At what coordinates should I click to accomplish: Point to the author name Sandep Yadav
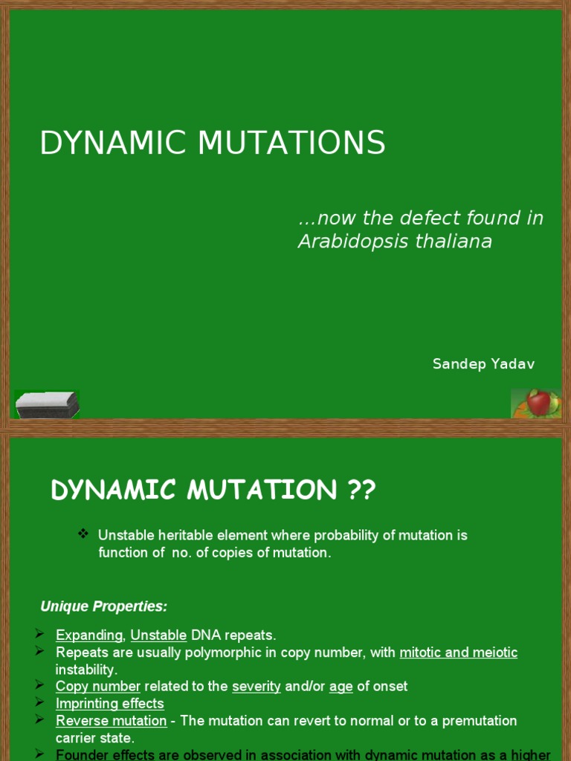483,363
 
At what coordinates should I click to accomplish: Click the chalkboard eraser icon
47,405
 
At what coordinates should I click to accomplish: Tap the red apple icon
538,404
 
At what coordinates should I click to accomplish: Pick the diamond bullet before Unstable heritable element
83,534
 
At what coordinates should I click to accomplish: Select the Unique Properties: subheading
104,606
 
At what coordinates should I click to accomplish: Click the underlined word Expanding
89,635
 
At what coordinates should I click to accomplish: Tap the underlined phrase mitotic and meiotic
458,652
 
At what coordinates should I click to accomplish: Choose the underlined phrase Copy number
98,686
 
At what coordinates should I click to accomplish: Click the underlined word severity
257,686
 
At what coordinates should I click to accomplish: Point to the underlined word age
341,686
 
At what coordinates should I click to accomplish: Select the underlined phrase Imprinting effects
110,703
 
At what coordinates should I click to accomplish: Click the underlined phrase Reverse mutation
112,721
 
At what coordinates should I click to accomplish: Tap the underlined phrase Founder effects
106,754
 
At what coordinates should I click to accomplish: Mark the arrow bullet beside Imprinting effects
40,702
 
